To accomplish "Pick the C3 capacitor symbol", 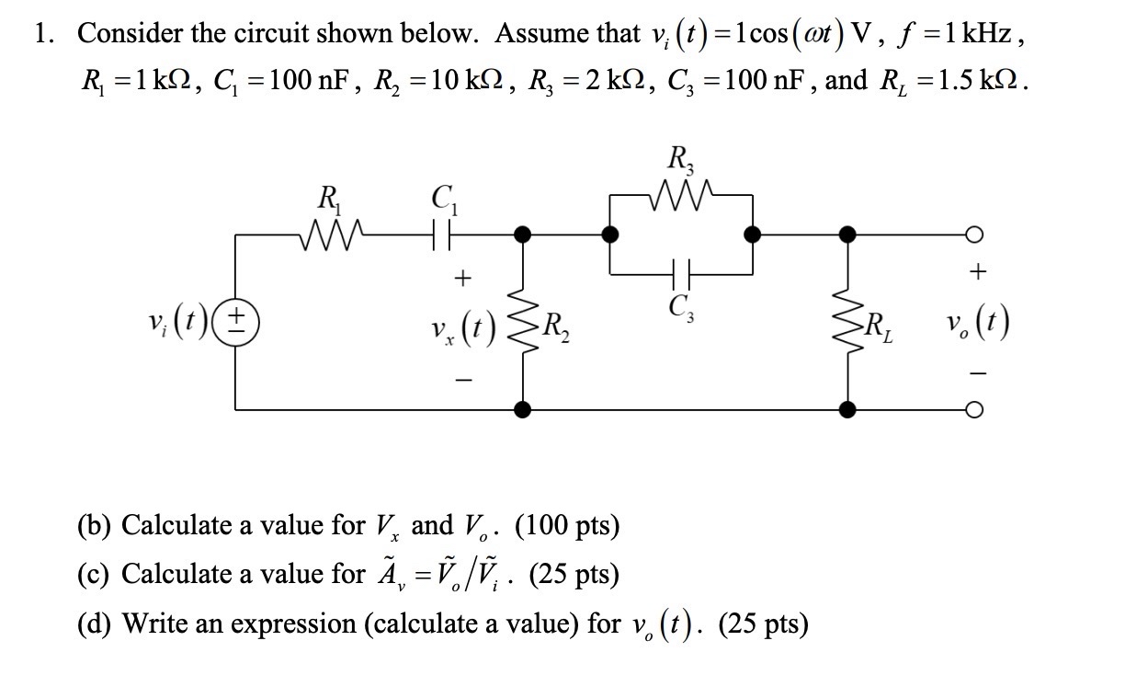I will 682,272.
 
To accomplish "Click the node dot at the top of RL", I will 846,235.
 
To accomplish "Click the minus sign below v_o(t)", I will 979,373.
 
